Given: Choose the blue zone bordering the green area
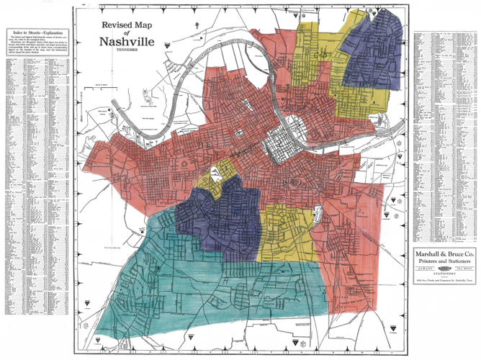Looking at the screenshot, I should [216, 216].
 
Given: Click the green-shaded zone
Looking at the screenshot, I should [238, 288].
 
